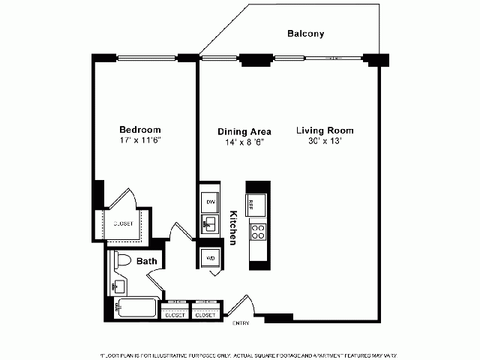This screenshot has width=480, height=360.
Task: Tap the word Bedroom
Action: click(x=140, y=129)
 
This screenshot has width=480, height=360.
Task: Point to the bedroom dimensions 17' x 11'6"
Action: click(x=140, y=140)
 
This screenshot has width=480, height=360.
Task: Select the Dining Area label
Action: click(x=244, y=131)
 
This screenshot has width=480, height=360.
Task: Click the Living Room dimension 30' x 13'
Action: click(x=324, y=142)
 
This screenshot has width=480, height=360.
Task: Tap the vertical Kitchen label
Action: click(x=233, y=226)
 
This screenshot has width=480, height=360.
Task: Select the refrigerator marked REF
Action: click(x=257, y=203)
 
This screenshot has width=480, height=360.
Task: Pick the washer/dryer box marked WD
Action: click(x=209, y=257)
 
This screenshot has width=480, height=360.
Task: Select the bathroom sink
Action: click(x=118, y=286)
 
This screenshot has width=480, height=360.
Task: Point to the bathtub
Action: click(x=136, y=307)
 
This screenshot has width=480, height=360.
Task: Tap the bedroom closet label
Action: click(x=123, y=223)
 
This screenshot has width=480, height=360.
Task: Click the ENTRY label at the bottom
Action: click(x=241, y=323)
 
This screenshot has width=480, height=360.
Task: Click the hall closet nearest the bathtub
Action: click(x=175, y=314)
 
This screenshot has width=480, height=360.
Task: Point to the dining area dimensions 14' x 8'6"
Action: click(x=244, y=142)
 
